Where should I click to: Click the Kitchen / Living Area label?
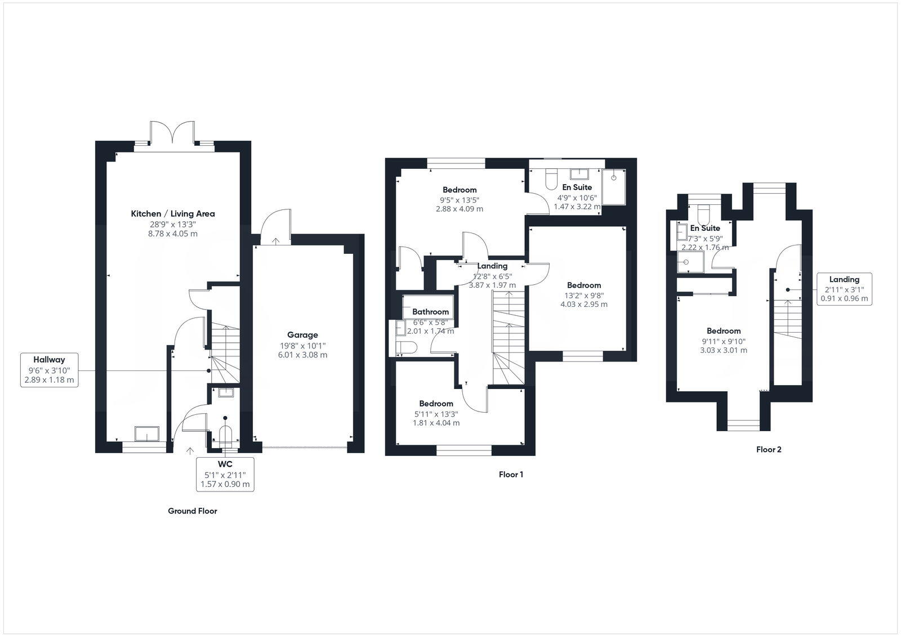point(172,213)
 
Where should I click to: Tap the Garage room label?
point(302,334)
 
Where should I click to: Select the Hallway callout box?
point(49,370)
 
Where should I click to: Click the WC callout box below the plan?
point(225,474)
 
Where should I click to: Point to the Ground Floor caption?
point(192,511)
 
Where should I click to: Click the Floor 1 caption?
point(511,475)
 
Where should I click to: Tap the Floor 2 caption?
point(769,450)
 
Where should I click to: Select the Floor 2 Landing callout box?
point(844,289)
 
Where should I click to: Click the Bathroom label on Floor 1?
point(430,312)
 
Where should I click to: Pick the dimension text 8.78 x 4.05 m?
point(172,234)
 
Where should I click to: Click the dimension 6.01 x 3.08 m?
point(302,355)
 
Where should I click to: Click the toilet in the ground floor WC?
point(225,436)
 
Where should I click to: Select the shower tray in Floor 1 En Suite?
point(613,187)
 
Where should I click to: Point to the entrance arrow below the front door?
point(189,450)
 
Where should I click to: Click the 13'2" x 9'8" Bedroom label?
point(583,285)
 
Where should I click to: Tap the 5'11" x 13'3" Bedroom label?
point(436,404)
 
